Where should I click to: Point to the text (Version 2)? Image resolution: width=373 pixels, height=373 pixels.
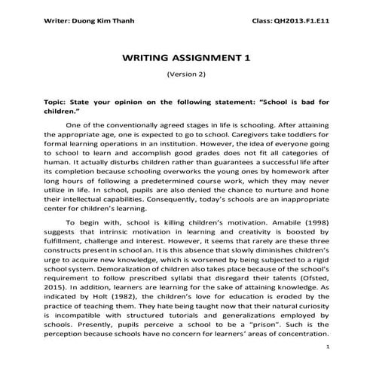tap(185, 75)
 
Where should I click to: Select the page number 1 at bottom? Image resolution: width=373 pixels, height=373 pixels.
tap(330, 345)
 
